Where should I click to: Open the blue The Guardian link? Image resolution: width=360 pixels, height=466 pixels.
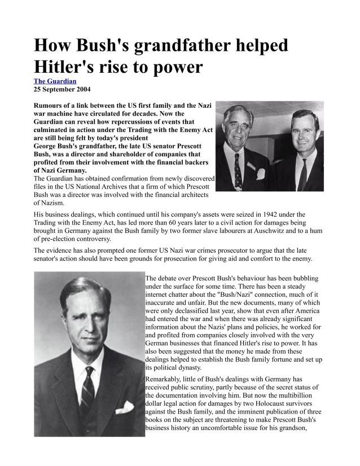click(x=55, y=81)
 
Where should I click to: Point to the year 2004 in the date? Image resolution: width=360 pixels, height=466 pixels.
click(x=81, y=89)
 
